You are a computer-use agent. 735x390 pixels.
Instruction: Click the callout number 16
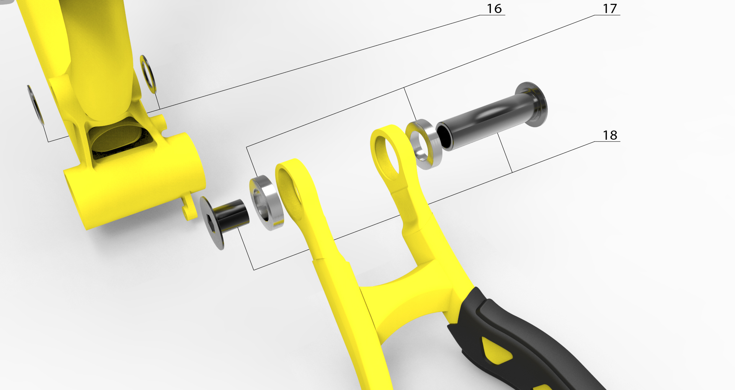494,9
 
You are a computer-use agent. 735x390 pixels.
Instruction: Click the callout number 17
610,9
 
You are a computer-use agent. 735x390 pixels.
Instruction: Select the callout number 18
610,135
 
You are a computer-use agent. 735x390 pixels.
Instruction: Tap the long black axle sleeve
486,121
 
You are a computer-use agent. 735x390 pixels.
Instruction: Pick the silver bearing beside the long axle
424,144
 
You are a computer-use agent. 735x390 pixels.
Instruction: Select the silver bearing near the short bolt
267,203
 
